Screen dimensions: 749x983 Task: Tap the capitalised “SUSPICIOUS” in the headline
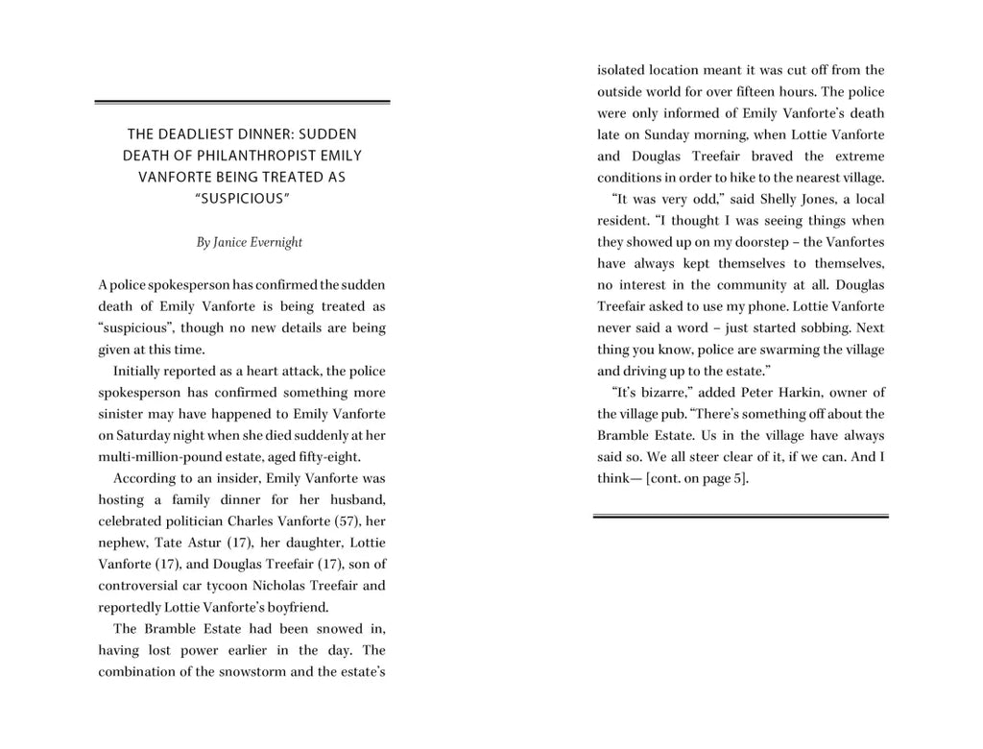click(242, 198)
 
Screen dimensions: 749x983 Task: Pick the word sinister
click(122, 414)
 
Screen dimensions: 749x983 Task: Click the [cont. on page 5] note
click(697, 478)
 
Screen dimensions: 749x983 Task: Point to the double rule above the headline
click(242, 102)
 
